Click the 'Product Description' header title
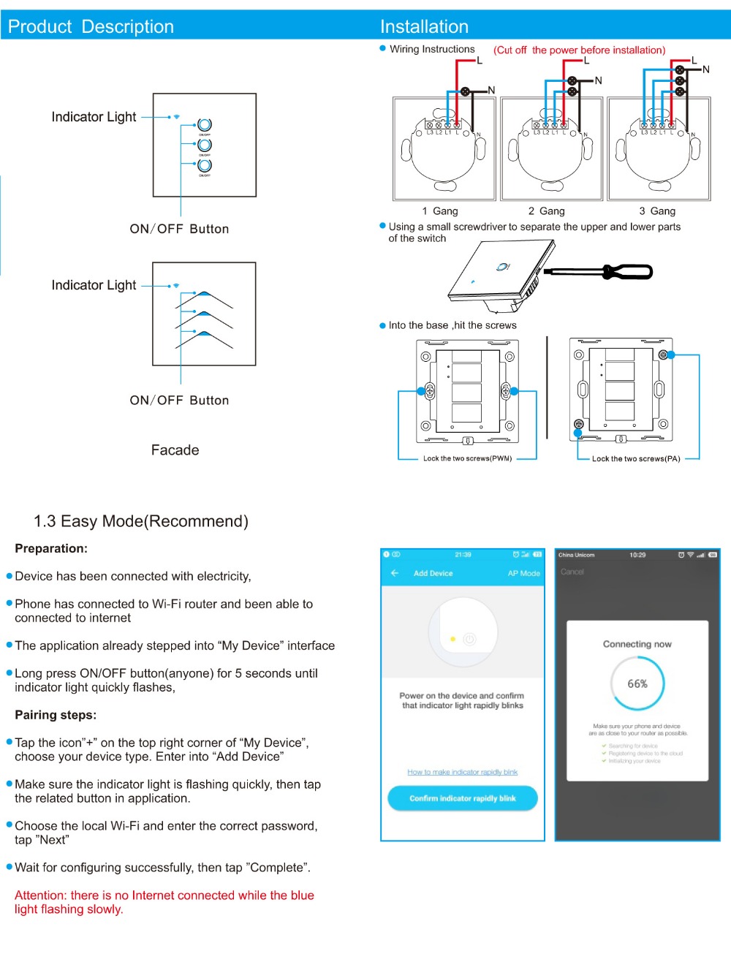click(x=91, y=27)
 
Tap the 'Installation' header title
click(x=424, y=27)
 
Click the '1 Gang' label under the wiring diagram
click(x=440, y=211)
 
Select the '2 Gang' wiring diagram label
click(x=547, y=211)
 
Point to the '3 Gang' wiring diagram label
click(x=657, y=211)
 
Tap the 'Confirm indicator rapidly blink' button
click(x=463, y=798)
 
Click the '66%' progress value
click(x=637, y=684)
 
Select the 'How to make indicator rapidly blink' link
click(x=463, y=772)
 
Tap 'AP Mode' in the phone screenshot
click(x=524, y=573)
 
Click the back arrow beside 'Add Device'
click(x=395, y=573)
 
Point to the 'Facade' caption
click(x=175, y=450)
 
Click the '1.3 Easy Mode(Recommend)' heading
click(x=141, y=521)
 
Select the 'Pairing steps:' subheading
click(x=56, y=715)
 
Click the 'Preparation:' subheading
click(x=51, y=548)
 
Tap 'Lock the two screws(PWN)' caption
click(x=468, y=459)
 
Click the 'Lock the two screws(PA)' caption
click(x=636, y=459)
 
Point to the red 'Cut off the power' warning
click(x=580, y=50)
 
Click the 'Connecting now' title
click(x=637, y=644)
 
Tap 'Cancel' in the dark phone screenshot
click(x=572, y=572)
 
